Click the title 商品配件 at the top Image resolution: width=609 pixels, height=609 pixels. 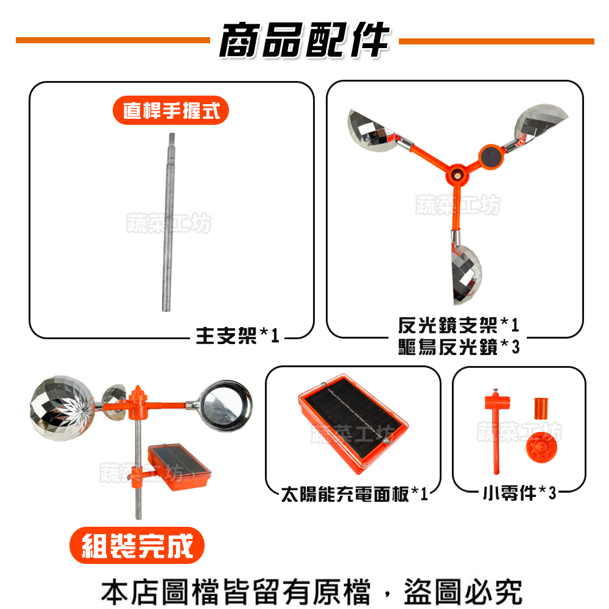click(304, 41)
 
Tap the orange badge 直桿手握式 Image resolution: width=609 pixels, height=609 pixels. click(171, 111)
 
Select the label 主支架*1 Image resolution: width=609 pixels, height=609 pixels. click(237, 335)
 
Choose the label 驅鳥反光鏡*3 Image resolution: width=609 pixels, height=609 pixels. click(458, 347)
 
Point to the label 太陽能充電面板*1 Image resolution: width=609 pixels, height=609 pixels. click(354, 494)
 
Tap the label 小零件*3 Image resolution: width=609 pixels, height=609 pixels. click(519, 493)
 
